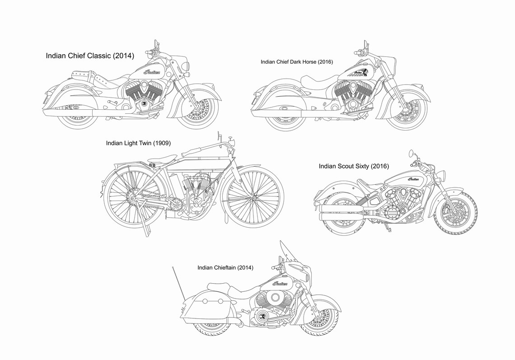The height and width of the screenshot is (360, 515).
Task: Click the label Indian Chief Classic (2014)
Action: point(90,56)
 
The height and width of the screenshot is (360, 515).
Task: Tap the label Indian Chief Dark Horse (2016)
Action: point(297,62)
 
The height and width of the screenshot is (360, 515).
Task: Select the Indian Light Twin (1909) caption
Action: point(138,143)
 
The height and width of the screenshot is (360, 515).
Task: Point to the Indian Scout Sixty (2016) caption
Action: point(354,166)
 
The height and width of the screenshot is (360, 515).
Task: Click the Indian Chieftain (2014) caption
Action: point(225,268)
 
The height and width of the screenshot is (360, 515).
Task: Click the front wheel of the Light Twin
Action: point(254,198)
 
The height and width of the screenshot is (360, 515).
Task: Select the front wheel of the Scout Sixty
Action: point(455,213)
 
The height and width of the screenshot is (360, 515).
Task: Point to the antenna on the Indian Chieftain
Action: point(179,284)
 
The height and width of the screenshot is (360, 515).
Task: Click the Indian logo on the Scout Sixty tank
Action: point(413,179)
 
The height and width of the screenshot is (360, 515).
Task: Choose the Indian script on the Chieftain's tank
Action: point(280,283)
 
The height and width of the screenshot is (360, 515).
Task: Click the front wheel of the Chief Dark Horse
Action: point(407,109)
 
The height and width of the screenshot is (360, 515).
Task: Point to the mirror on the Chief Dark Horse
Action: point(365,45)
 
